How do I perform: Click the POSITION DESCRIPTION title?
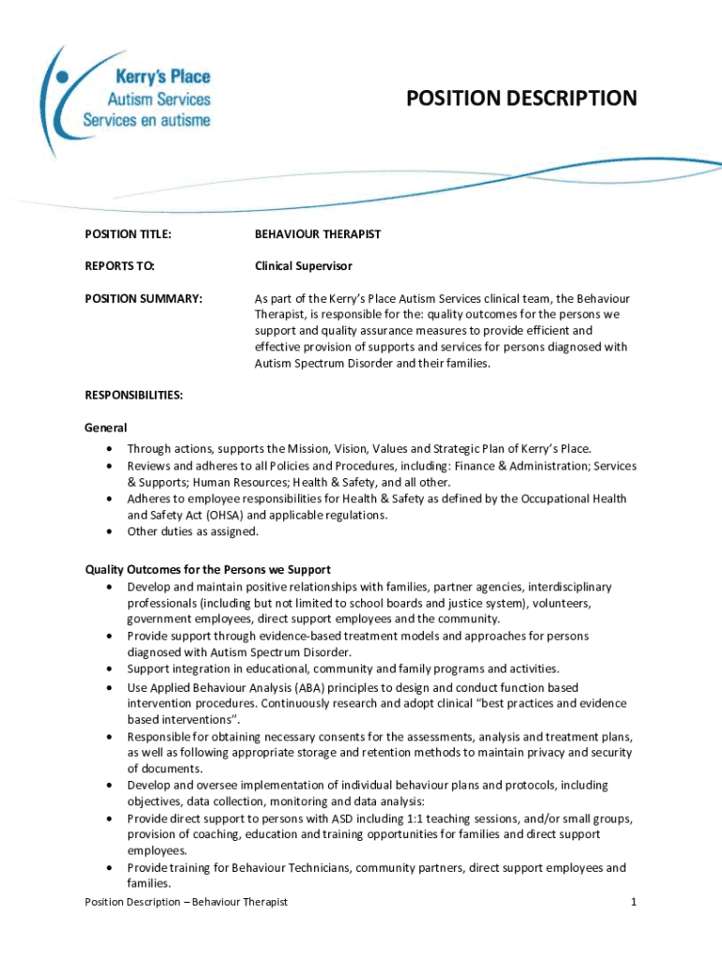(521, 98)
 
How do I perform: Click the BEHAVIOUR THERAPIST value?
(318, 234)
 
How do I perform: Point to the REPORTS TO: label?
(119, 266)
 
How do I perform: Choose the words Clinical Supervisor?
(304, 266)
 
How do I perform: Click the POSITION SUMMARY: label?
(143, 298)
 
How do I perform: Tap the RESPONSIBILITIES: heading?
(133, 396)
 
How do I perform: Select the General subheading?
(106, 427)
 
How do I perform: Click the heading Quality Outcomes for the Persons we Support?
(207, 570)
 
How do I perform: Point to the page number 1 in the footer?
(634, 902)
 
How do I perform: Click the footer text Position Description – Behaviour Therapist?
(186, 902)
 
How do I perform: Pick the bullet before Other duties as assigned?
(112, 532)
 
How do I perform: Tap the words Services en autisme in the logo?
(146, 120)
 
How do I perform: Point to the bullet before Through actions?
(112, 449)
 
